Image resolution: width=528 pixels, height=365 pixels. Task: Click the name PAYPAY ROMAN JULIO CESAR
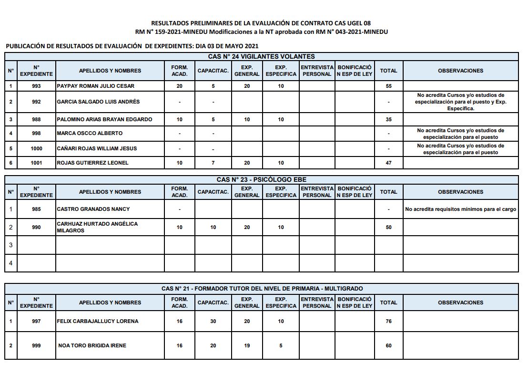[x=95, y=86]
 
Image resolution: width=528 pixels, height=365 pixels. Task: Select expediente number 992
[x=36, y=102]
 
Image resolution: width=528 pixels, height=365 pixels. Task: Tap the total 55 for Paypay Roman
[x=388, y=86]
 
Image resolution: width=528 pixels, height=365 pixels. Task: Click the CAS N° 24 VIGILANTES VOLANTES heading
[x=261, y=56]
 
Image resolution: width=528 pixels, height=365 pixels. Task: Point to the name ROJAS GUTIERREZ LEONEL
[x=92, y=163]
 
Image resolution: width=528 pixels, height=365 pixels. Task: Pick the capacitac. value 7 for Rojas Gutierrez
[x=213, y=163]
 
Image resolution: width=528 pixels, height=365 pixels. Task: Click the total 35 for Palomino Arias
[x=388, y=119]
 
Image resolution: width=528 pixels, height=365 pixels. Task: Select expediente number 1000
[x=36, y=148]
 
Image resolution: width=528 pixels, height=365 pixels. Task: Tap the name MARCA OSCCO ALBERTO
[x=90, y=133]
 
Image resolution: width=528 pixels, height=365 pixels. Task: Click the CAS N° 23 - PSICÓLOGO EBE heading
[x=261, y=179]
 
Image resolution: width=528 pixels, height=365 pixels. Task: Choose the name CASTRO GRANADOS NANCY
[x=93, y=209]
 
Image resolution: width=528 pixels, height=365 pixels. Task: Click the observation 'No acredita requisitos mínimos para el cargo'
[x=460, y=209]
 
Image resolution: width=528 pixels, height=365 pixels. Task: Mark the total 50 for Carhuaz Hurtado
[x=388, y=227]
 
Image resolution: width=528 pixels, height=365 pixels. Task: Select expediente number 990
[x=36, y=227]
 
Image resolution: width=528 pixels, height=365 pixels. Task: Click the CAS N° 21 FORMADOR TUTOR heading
[x=262, y=289]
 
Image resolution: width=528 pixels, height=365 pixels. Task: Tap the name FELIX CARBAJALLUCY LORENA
[x=97, y=321]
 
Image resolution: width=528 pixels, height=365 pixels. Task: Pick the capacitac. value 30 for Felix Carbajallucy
[x=213, y=321]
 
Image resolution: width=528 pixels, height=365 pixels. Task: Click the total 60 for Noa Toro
[x=388, y=345]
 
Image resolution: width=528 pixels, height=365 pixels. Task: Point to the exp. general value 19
[x=247, y=345]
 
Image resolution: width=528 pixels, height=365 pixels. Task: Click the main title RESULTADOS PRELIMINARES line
[x=261, y=23]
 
